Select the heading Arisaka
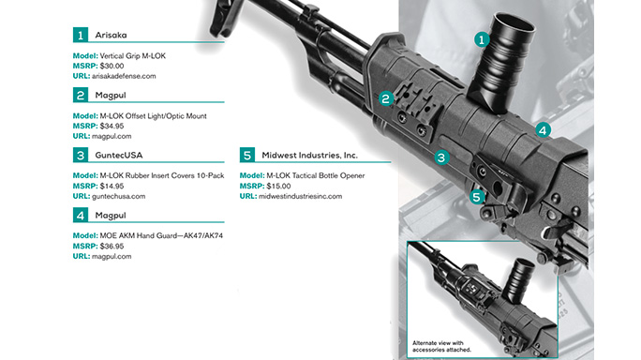coord(114,35)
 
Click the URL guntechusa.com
coord(119,196)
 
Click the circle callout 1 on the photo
coord(481,39)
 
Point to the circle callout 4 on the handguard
coord(544,130)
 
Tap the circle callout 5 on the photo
coord(477,196)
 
